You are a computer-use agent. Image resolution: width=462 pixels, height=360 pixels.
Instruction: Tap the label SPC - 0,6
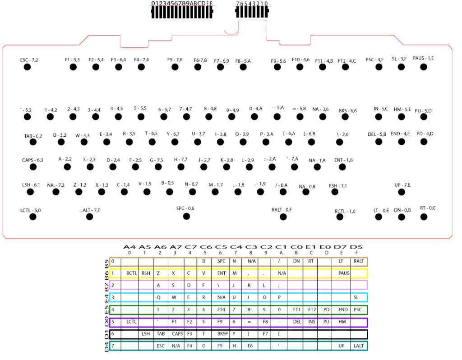click(x=185, y=208)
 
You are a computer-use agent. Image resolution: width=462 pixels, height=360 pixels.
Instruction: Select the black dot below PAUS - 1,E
click(x=423, y=67)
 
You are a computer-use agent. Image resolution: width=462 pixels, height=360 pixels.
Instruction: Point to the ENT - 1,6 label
click(x=343, y=160)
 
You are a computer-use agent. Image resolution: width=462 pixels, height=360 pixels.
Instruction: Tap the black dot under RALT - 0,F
click(x=283, y=217)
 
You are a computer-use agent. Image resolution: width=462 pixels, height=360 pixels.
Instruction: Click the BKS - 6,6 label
click(x=347, y=111)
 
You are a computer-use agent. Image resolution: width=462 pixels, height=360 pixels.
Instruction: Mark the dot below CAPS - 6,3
click(x=32, y=167)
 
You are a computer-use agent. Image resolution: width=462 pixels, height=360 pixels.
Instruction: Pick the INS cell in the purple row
click(x=312, y=322)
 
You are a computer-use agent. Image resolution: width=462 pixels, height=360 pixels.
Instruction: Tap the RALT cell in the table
click(x=359, y=261)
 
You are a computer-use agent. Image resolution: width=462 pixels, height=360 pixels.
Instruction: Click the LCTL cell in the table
click(x=131, y=322)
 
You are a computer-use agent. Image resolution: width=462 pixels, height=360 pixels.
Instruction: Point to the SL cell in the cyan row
click(x=359, y=298)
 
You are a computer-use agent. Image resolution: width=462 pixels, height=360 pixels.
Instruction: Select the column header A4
click(x=129, y=247)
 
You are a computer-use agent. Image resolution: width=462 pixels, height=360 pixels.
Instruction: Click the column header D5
click(x=359, y=247)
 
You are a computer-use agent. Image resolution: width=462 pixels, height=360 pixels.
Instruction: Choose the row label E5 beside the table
click(x=102, y=309)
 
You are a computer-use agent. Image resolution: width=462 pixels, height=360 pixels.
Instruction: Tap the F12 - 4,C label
click(x=346, y=60)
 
